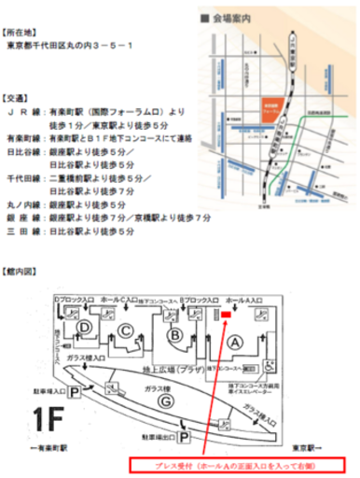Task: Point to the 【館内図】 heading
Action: point(21,272)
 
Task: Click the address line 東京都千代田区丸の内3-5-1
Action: point(70,45)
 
